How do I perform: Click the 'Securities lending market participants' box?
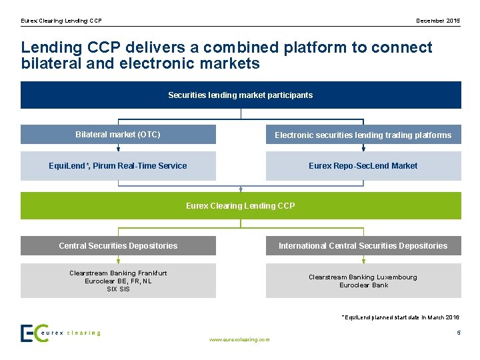click(240, 95)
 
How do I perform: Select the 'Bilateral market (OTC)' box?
click(118, 135)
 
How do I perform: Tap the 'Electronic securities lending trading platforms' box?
click(363, 135)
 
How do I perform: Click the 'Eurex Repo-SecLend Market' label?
click(363, 166)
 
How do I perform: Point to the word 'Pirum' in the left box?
click(105, 166)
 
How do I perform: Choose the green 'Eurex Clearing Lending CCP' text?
click(240, 206)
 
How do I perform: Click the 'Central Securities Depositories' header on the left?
click(118, 246)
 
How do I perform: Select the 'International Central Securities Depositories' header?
click(363, 246)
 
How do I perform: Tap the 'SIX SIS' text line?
click(118, 289)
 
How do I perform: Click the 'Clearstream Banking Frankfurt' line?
click(118, 273)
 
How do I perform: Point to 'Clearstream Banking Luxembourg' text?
click(363, 277)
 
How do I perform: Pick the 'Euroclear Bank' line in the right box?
click(363, 285)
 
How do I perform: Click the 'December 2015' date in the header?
click(438, 21)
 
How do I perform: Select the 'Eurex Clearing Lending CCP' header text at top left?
click(61, 21)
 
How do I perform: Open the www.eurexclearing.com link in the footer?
click(239, 339)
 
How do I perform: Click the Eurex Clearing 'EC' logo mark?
click(34, 333)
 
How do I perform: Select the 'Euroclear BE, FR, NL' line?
click(118, 281)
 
